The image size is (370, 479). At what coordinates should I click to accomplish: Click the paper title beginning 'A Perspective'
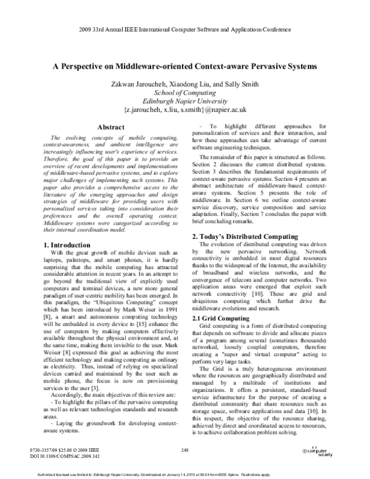[x=185, y=65]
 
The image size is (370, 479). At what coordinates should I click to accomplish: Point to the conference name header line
[x=185, y=30]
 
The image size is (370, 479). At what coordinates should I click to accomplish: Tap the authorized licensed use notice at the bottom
[x=185, y=474]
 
